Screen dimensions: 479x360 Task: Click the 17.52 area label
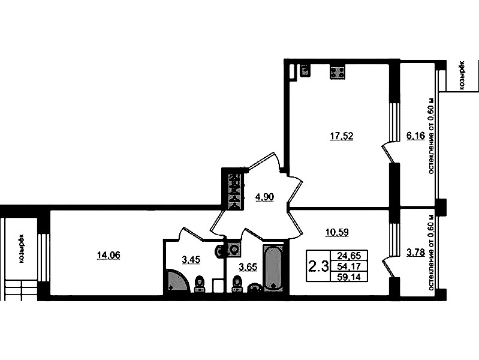(x=342, y=136)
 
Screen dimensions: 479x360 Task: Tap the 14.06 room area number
(x=109, y=255)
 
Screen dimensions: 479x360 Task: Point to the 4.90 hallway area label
(x=264, y=197)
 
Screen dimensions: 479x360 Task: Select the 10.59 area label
(x=337, y=232)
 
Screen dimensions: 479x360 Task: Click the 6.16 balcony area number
(x=415, y=136)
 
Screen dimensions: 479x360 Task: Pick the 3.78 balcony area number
(x=416, y=253)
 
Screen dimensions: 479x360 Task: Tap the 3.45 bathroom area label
(x=191, y=260)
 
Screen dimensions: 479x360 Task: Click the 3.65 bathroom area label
(x=248, y=268)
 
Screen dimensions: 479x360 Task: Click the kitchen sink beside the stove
(x=305, y=71)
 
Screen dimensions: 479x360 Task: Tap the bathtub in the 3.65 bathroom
(x=273, y=267)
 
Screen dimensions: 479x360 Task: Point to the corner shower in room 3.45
(x=177, y=281)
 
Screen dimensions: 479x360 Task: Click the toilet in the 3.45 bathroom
(x=200, y=284)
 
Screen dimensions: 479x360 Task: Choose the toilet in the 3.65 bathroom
(x=237, y=284)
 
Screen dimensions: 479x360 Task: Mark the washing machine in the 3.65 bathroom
(x=234, y=249)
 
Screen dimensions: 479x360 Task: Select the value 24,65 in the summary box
(x=349, y=255)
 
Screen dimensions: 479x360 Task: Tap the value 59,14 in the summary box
(x=349, y=277)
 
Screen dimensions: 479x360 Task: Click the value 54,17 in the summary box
(x=349, y=266)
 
